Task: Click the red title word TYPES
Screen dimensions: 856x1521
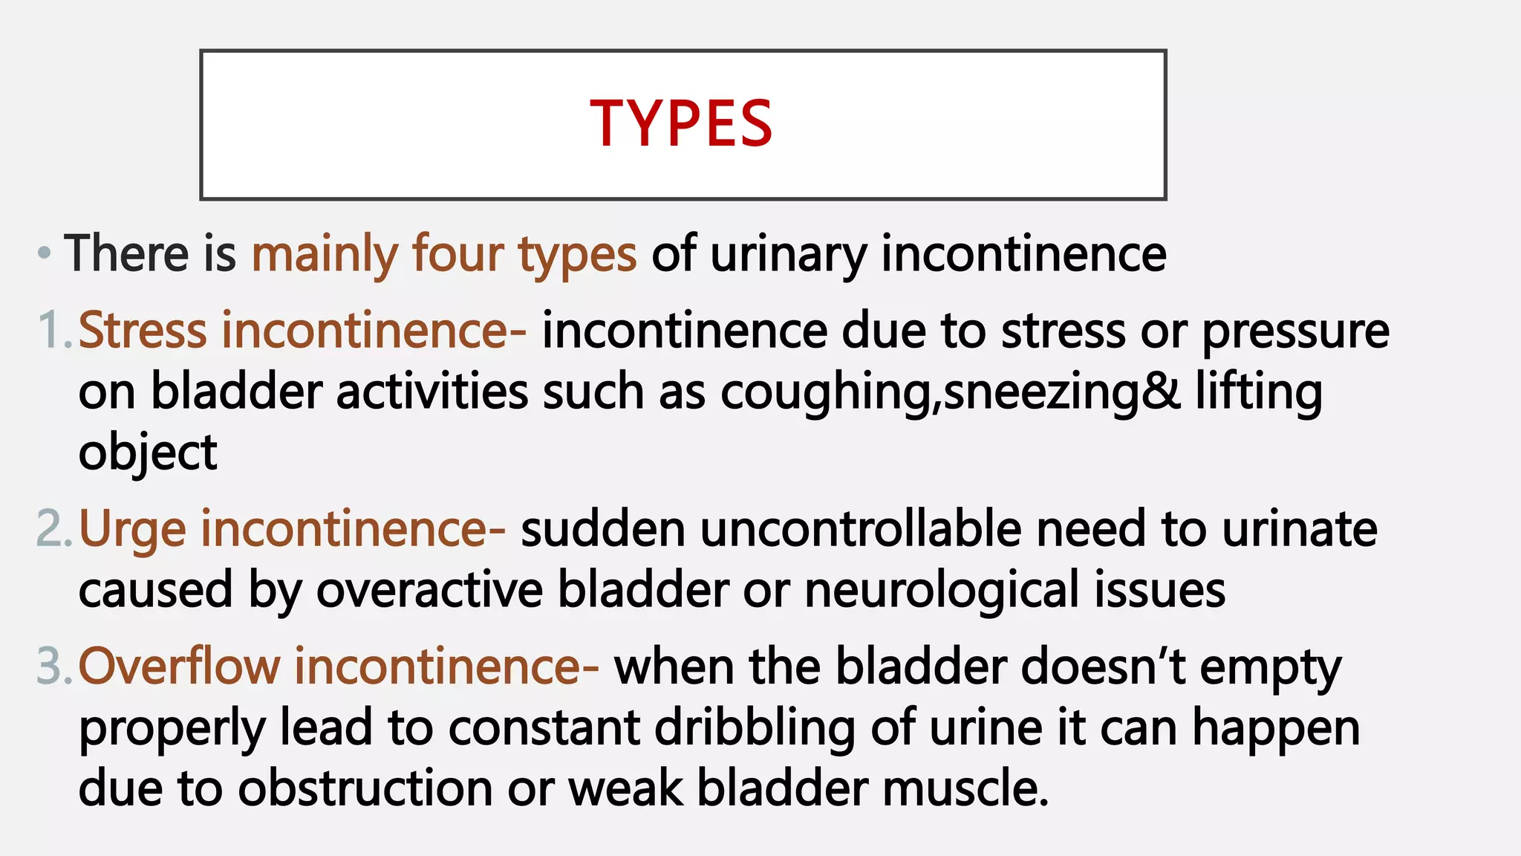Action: [x=681, y=124]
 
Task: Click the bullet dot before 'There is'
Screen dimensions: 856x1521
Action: [x=45, y=253]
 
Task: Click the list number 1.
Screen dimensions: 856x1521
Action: [x=53, y=330]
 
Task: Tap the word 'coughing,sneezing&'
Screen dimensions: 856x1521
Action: [x=950, y=392]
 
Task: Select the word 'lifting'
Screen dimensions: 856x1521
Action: [x=1258, y=392]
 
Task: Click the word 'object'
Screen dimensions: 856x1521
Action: [x=148, y=453]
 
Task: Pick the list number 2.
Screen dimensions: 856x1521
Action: [x=53, y=529]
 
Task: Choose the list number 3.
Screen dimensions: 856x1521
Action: [x=53, y=666]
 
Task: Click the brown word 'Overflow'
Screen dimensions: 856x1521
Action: [x=179, y=666]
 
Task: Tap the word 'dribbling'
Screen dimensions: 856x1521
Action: [x=754, y=728]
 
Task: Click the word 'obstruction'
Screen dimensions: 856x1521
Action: [x=365, y=788]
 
